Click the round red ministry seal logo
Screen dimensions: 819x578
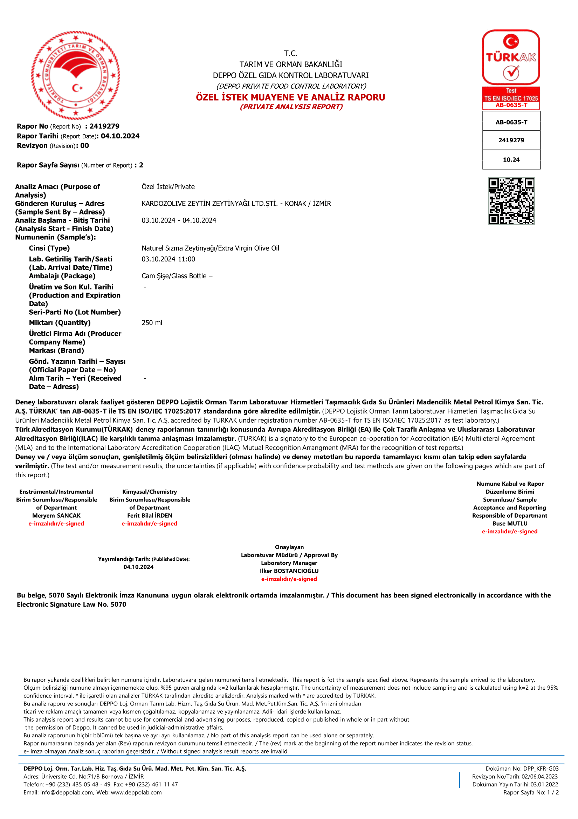(x=76, y=75)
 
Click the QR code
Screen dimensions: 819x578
(x=511, y=201)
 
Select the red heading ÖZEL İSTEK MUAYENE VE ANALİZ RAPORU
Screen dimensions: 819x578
(x=290, y=97)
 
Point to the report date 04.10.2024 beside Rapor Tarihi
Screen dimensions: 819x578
(x=120, y=136)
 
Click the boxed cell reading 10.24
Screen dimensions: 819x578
(x=511, y=160)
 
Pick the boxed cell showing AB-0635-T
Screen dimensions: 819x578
(x=511, y=122)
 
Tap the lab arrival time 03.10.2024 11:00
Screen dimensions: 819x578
(x=168, y=259)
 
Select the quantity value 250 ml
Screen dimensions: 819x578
(x=152, y=323)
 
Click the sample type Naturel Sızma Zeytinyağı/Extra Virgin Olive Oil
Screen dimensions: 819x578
(x=211, y=248)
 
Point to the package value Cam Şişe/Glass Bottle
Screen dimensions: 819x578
(x=174, y=276)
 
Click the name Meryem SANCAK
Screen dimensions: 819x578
(x=56, y=516)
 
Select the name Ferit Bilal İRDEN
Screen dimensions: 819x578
(x=150, y=516)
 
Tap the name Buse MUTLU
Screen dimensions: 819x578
(x=510, y=524)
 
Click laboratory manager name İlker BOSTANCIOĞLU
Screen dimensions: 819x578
(x=289, y=571)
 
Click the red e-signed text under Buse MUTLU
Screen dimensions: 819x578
(x=510, y=532)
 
